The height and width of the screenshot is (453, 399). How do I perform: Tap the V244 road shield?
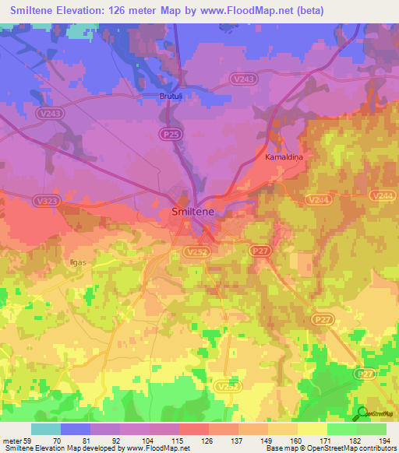coord(318,200)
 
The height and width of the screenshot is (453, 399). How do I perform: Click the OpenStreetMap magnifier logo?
coord(362,413)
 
